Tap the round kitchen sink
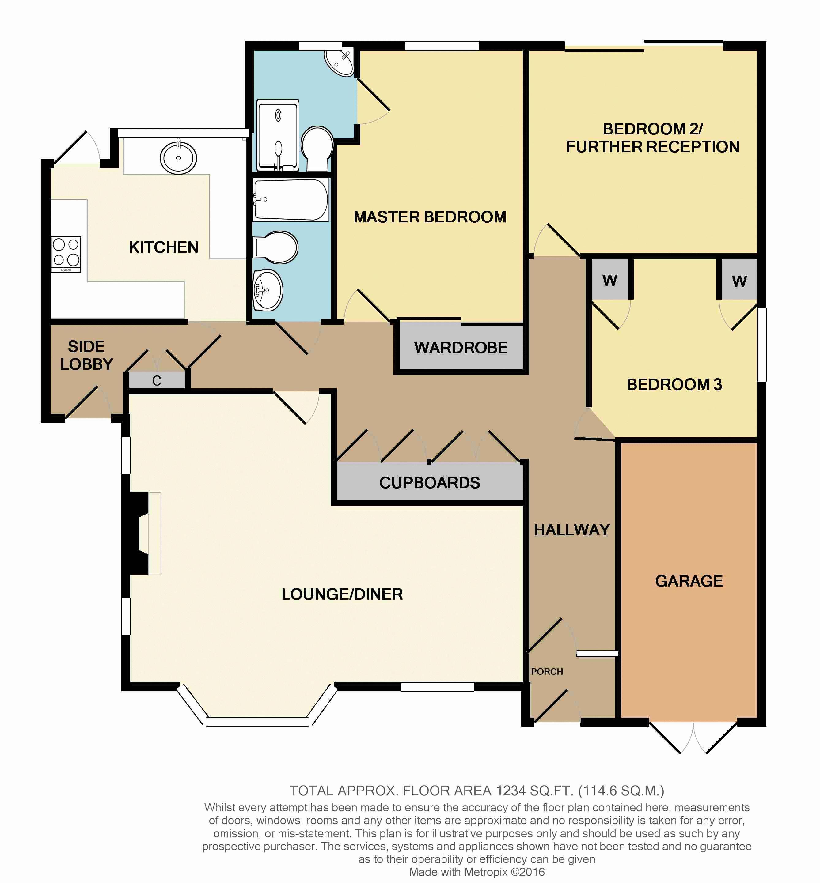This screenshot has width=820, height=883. (178, 157)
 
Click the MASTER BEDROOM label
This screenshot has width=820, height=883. (430, 217)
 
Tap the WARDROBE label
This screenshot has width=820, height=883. (461, 348)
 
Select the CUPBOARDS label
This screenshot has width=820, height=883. (430, 482)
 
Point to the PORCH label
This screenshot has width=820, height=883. (547, 671)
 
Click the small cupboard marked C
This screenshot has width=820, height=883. (157, 380)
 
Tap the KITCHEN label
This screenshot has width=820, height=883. (163, 247)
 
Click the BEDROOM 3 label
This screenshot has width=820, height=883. (674, 384)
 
